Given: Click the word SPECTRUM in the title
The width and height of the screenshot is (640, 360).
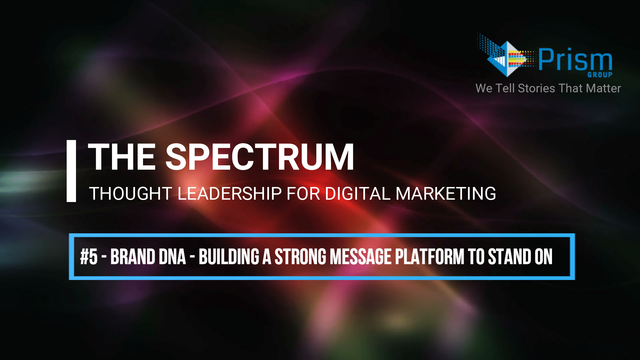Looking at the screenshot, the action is point(260,157).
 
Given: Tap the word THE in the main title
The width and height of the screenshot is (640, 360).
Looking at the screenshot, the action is point(122,157).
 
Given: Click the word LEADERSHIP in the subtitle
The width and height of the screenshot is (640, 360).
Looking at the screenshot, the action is point(230,193).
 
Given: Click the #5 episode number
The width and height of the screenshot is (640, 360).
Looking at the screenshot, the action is point(89,257).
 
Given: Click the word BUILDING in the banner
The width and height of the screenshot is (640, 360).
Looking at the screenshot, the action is point(229,257).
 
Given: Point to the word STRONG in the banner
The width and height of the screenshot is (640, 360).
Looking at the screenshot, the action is point(300,257).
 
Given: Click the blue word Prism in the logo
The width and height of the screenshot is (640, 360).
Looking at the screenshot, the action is point(576,59).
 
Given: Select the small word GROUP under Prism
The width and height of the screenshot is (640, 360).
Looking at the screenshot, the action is point(600,75).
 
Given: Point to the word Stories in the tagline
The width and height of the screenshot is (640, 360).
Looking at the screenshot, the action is point(536,88).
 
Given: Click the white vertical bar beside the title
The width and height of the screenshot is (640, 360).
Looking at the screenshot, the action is point(71,171).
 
